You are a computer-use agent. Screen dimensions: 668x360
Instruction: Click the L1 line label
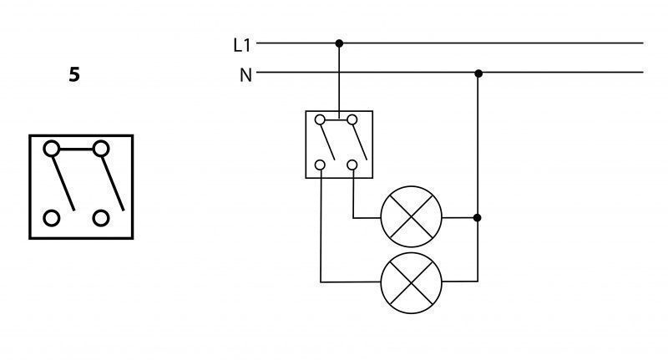click(242, 45)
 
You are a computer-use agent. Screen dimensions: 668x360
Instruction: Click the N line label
click(245, 75)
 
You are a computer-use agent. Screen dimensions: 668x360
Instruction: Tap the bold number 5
click(74, 74)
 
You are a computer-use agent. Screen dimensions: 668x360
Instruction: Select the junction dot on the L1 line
click(339, 43)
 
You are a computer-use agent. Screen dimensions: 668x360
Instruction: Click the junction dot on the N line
click(478, 74)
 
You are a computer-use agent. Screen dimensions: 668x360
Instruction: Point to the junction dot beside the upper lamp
click(477, 218)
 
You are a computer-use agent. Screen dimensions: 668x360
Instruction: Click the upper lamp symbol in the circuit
click(411, 216)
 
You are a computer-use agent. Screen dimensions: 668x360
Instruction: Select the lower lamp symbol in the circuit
click(411, 283)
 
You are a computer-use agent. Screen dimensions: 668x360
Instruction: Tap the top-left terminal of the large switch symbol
click(52, 149)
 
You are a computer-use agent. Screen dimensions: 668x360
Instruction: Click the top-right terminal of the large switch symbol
click(101, 149)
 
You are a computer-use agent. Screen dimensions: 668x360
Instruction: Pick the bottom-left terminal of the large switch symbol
click(52, 218)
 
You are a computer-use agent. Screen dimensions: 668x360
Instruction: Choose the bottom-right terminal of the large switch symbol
click(101, 218)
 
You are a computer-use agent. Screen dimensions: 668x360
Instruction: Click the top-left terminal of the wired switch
click(320, 119)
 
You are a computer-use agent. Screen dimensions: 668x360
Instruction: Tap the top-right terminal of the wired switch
click(352, 119)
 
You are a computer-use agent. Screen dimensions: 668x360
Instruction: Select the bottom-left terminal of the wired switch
click(320, 165)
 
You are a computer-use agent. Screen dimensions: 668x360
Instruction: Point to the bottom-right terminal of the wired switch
click(352, 165)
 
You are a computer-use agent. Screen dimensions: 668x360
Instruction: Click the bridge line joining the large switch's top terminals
click(76, 150)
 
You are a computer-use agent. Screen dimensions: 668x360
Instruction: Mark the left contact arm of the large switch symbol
click(63, 184)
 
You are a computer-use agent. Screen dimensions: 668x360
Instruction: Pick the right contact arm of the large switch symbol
click(113, 184)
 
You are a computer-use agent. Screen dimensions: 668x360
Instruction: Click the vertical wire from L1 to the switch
click(339, 81)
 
